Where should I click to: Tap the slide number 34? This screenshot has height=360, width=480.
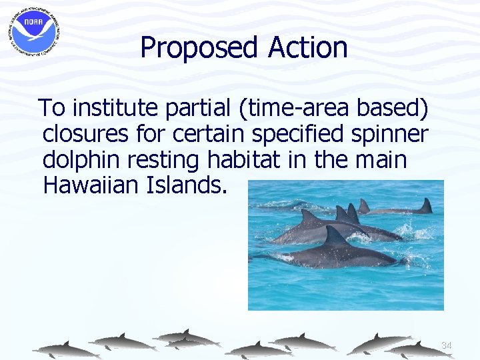446,345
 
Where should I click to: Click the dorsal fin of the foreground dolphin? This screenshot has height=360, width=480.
334,235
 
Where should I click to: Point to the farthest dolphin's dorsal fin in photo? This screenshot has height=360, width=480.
424,205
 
